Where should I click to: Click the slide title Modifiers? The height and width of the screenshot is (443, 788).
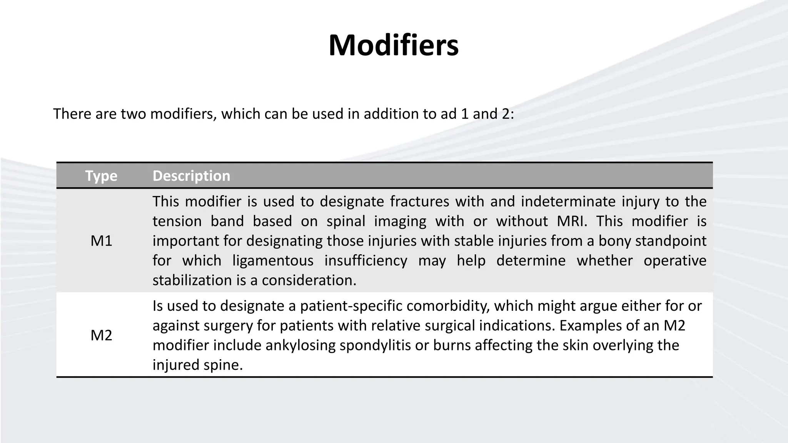pos(393,45)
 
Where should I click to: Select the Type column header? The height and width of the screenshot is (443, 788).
pos(101,176)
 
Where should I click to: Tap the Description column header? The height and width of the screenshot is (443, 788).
pos(191,176)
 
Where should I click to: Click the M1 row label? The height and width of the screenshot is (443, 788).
pos(101,241)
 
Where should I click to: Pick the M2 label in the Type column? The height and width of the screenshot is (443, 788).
pos(101,335)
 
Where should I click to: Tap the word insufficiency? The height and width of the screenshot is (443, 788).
pos(366,260)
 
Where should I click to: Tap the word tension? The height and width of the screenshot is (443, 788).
pos(177,221)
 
